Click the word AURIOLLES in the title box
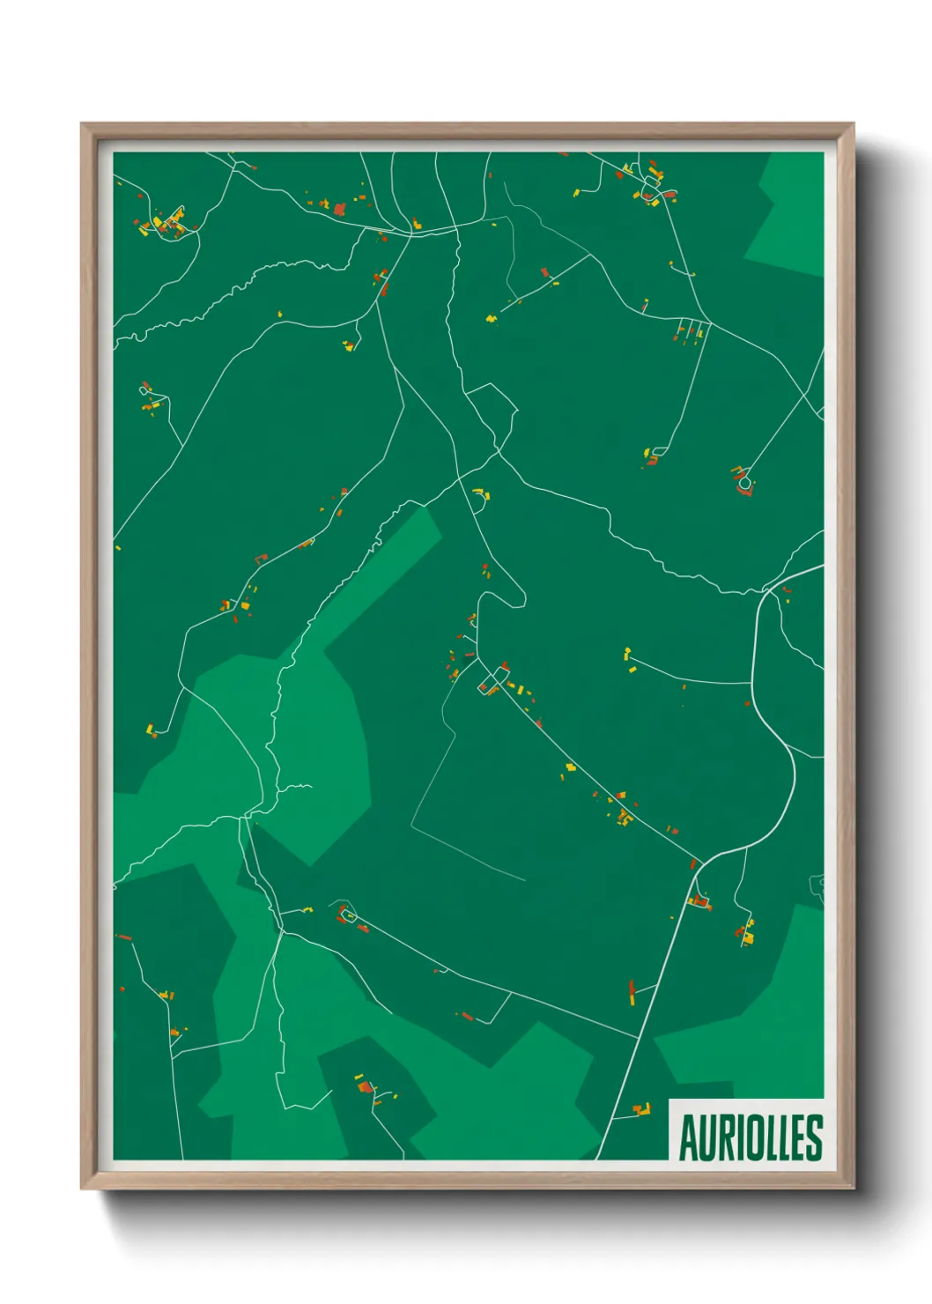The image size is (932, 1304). tap(750, 1137)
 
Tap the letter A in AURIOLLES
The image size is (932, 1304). tap(687, 1137)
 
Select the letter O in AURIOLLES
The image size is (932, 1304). tap(752, 1137)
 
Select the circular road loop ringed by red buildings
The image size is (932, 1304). tap(745, 482)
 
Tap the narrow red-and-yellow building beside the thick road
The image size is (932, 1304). tap(632, 992)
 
